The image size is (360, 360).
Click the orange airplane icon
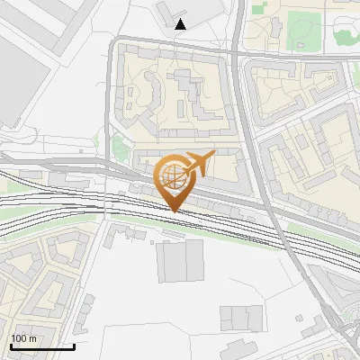click(197, 163)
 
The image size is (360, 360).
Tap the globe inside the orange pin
click(171, 175)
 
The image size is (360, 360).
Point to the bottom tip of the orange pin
click(174, 211)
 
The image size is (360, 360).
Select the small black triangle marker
click(181, 23)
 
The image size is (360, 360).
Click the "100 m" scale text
click(23, 338)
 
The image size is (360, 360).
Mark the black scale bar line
click(41, 346)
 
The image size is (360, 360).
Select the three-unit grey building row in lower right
click(242, 317)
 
